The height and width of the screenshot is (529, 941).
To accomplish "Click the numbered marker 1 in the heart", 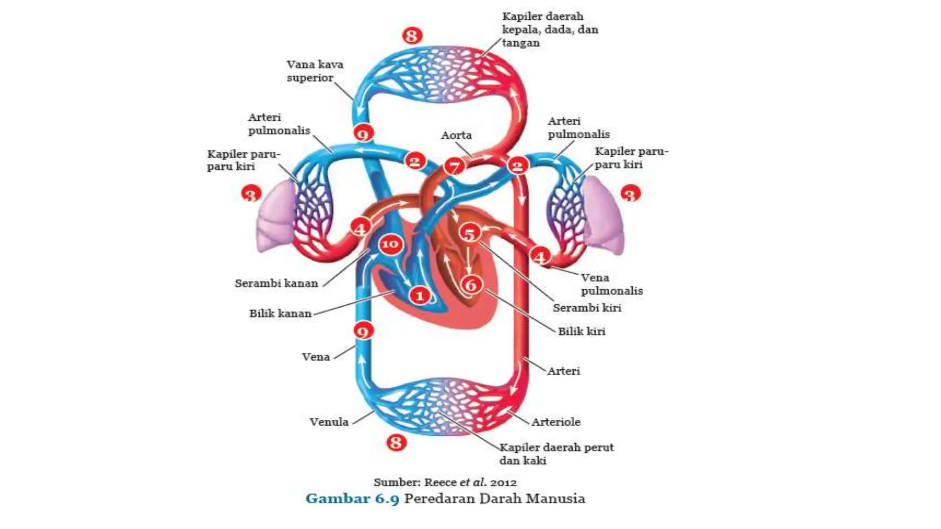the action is [420, 295].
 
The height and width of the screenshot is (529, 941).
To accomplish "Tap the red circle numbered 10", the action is [390, 244].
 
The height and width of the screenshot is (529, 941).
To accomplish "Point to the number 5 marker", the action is [470, 234].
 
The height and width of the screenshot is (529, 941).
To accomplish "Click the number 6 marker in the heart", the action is [471, 285].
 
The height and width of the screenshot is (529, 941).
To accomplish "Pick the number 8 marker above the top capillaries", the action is [412, 35].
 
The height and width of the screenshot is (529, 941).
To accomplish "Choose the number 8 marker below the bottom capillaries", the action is [396, 443].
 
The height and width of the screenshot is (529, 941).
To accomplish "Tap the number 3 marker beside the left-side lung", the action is [251, 194].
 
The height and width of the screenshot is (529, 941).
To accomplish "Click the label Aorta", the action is [456, 135].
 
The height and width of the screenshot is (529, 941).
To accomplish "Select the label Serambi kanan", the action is [277, 283].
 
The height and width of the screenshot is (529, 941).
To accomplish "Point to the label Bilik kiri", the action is [582, 331].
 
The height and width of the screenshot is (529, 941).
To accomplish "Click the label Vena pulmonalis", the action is [612, 284].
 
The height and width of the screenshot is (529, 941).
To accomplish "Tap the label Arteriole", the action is [556, 422].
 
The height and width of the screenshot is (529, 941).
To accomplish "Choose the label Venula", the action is [329, 422].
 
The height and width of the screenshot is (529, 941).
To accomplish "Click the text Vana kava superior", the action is [315, 71].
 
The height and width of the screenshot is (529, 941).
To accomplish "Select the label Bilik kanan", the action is [280, 314].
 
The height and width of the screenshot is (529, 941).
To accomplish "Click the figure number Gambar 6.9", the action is [352, 499].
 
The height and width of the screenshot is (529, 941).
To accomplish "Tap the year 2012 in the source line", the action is [504, 483].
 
